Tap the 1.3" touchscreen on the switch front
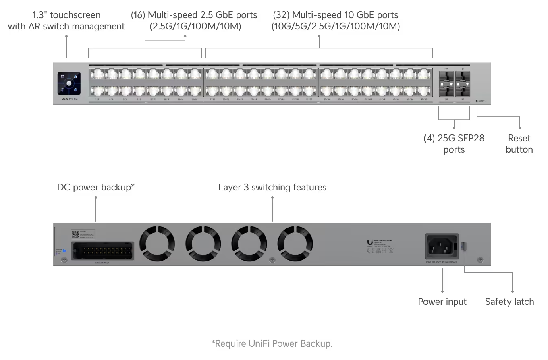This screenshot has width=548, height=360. coord(69,83)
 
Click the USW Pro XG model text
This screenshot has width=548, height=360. coord(67,99)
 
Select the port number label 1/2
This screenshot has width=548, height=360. coord(97,99)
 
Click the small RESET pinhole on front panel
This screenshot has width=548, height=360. coord(477,101)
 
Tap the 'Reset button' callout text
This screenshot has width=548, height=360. coord(519,144)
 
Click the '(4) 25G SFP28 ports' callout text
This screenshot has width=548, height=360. coord(454,144)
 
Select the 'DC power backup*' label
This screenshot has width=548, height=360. coord(95,187)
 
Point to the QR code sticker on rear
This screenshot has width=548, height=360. coord(75,235)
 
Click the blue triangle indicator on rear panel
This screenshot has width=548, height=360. coord(64,251)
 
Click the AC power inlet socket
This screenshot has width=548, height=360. coord(442,246)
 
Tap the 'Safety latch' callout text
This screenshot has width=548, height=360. coord(509,302)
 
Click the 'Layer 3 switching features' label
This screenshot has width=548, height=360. coord(272,187)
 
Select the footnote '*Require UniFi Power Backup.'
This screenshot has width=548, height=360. coord(272,343)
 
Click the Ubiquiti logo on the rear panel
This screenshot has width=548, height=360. coord(370,242)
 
